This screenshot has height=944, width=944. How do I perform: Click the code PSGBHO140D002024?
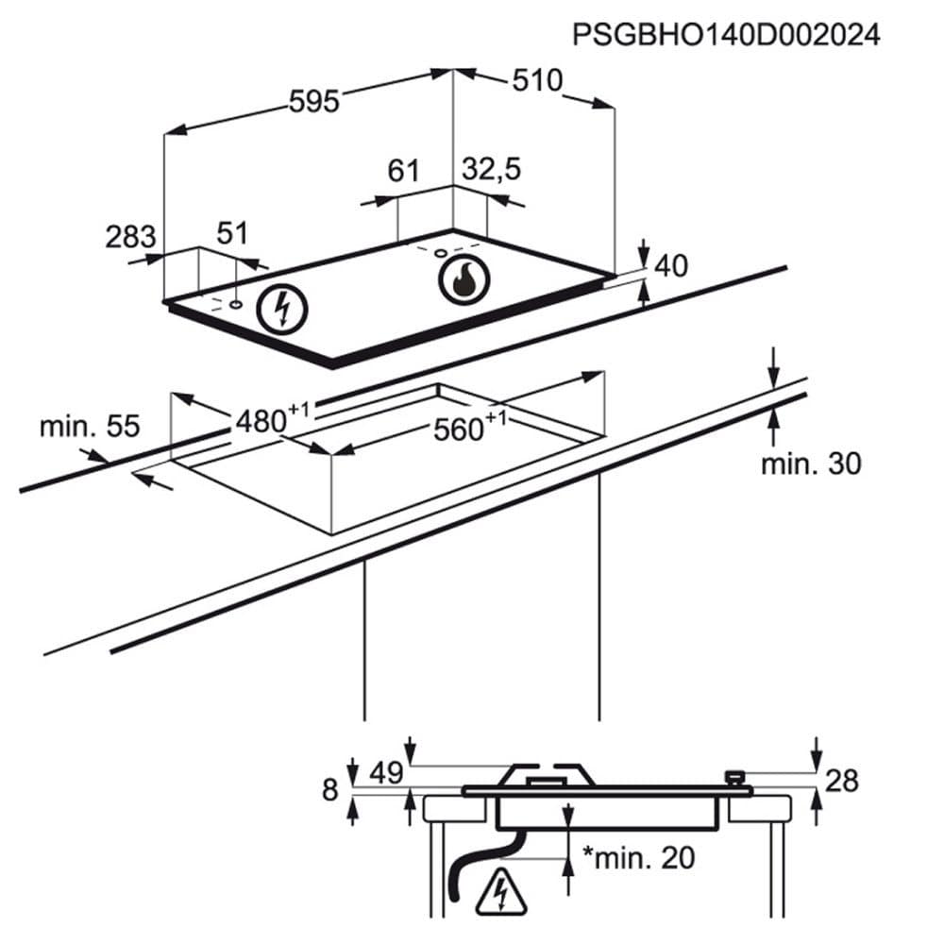click(x=726, y=36)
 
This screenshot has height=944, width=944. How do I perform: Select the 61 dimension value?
click(x=403, y=171)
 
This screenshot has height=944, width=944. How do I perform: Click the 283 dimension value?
click(x=129, y=235)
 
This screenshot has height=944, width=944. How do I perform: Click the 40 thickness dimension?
click(x=670, y=267)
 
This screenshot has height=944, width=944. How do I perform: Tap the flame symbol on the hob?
click(x=463, y=278)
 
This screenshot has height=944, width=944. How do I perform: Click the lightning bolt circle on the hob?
click(x=281, y=307)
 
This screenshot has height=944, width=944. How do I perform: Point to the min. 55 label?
click(x=89, y=426)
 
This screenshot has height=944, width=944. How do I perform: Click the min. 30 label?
click(x=811, y=464)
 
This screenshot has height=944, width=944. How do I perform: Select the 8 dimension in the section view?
click(x=329, y=789)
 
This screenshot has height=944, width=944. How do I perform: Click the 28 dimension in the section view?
click(x=843, y=781)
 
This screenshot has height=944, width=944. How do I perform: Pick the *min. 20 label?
click(x=638, y=857)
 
